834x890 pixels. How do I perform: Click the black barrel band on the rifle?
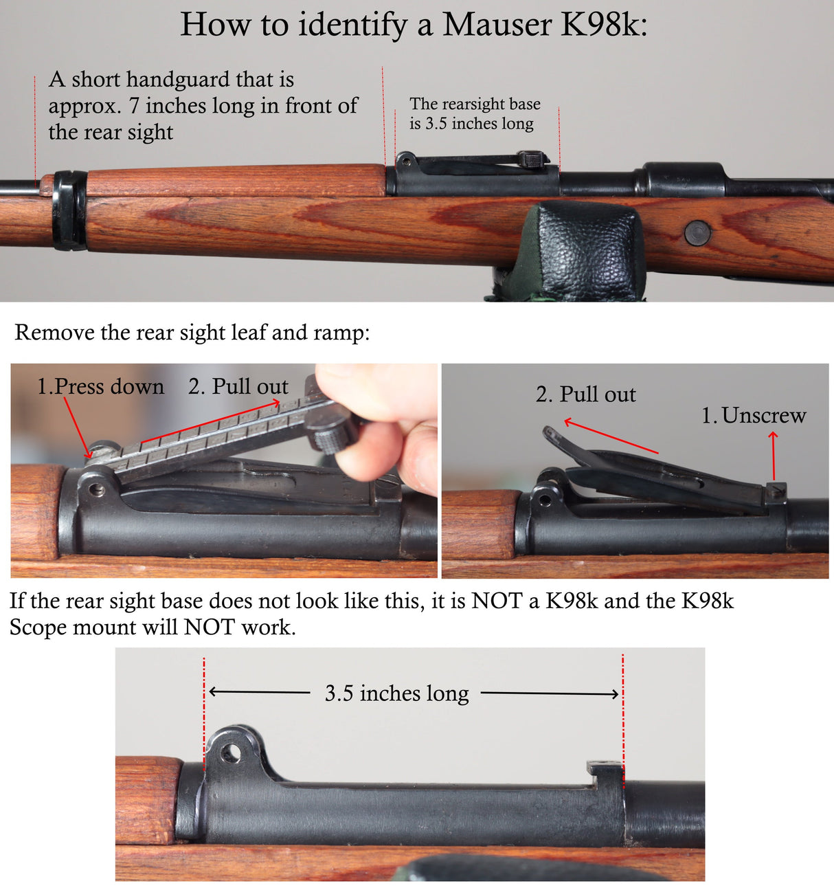pyautogui.click(x=69, y=210)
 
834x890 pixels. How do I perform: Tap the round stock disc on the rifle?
pyautogui.click(x=697, y=233)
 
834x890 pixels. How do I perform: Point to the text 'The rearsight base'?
pyautogui.click(x=475, y=104)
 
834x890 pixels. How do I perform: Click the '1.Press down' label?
pyautogui.click(x=100, y=387)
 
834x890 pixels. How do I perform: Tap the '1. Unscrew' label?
pyautogui.click(x=754, y=416)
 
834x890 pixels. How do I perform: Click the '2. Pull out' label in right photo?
pyautogui.click(x=585, y=394)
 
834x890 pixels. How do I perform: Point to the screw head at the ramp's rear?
pyautogui.click(x=776, y=489)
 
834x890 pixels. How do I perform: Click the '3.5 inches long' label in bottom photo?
pyautogui.click(x=396, y=693)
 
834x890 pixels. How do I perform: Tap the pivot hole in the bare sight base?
pyautogui.click(x=232, y=754)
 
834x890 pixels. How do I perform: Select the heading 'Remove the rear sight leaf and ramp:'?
pyautogui.click(x=192, y=333)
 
